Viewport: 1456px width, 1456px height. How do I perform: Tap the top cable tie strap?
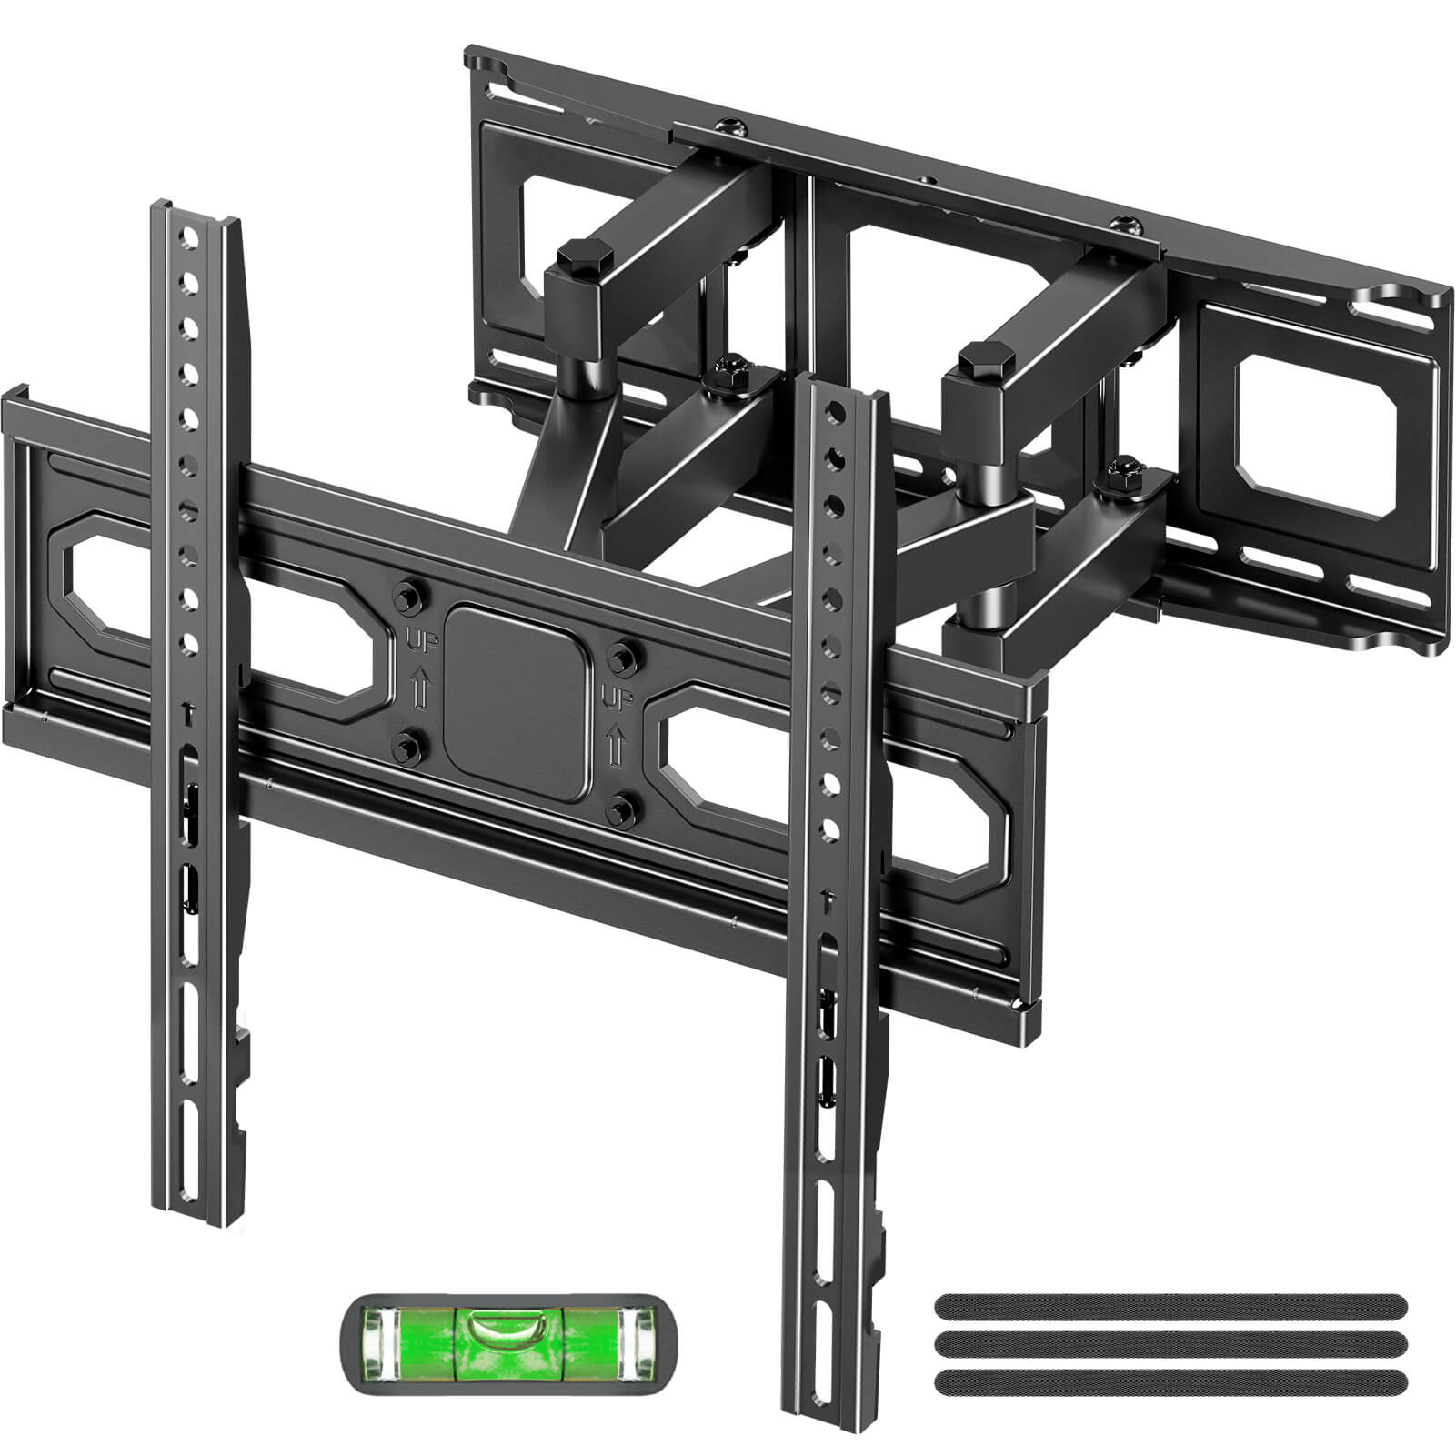tap(1170, 1307)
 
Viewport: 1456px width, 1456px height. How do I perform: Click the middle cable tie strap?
tap(1170, 1343)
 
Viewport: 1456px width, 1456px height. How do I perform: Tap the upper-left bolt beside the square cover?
tap(402, 597)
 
